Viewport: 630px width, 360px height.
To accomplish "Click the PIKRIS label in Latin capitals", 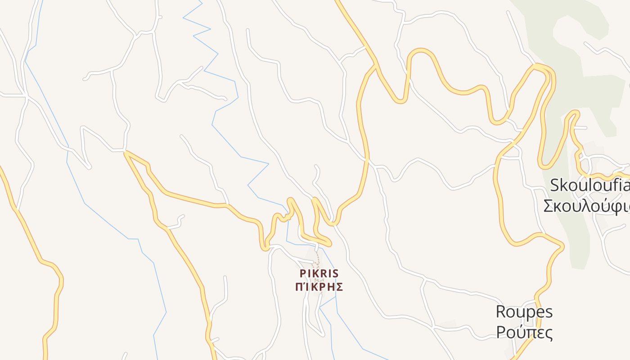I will (319, 274).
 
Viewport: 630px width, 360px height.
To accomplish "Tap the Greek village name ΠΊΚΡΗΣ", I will (319, 287).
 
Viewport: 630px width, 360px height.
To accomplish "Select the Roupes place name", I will (524, 312).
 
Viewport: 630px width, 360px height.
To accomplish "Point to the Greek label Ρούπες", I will (524, 333).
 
